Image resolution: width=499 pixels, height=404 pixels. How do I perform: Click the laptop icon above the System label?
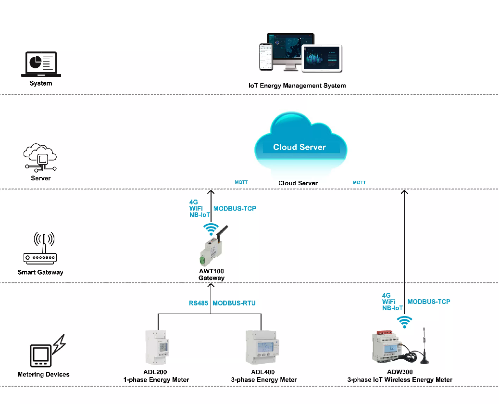click(x=41, y=64)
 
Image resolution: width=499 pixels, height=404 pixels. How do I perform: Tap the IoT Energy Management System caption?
click(x=297, y=86)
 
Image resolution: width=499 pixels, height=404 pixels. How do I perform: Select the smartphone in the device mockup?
click(x=266, y=57)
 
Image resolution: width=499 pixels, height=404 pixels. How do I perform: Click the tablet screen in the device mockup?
click(x=322, y=59)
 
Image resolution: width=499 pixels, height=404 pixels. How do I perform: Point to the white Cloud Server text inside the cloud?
click(x=299, y=147)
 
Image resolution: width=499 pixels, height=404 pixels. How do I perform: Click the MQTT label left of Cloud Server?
click(x=241, y=182)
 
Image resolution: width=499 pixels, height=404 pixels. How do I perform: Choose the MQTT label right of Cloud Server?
click(x=359, y=182)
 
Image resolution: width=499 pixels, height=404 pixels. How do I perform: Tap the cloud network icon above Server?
click(x=40, y=158)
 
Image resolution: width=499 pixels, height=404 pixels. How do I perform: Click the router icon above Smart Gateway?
click(x=40, y=248)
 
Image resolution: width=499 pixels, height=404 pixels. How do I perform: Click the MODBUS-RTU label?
click(x=234, y=303)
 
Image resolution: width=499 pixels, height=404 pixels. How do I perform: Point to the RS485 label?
click(x=199, y=303)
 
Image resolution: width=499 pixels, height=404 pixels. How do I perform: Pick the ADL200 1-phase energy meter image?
click(x=158, y=347)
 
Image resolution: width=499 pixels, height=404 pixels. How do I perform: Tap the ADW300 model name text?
click(x=399, y=372)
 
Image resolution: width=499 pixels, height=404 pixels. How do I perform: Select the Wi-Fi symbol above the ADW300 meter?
click(x=404, y=322)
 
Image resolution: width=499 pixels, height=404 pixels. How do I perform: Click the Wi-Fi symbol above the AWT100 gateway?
click(x=211, y=229)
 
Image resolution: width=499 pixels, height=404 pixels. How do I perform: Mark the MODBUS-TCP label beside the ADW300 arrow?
click(x=429, y=302)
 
